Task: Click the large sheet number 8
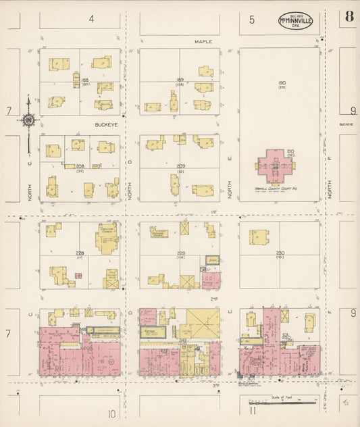point(349,16)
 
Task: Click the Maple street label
point(203,41)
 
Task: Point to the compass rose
point(29,120)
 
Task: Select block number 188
point(85,80)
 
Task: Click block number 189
point(180,80)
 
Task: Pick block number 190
point(282,83)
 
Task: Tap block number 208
point(80,165)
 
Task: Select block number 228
point(80,252)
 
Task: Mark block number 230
point(280,253)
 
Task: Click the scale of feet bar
point(290,403)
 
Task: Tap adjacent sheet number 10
point(111,413)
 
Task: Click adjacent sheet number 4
point(91,19)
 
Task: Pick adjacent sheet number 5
point(252,19)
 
